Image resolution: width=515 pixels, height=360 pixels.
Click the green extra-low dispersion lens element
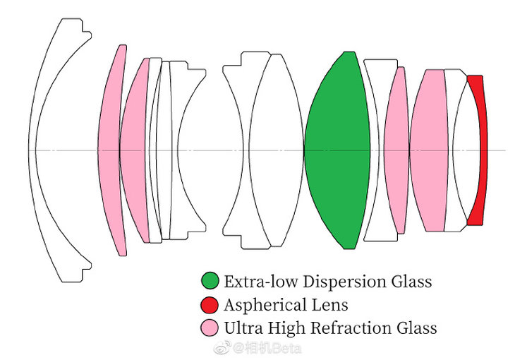(337, 150)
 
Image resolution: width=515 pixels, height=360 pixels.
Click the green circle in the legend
(210, 282)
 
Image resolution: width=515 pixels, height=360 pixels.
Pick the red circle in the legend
(210, 305)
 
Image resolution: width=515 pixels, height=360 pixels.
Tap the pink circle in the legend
(210, 328)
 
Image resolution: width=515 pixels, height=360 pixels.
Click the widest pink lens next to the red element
(428, 150)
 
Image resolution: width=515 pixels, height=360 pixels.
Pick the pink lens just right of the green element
(396, 150)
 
